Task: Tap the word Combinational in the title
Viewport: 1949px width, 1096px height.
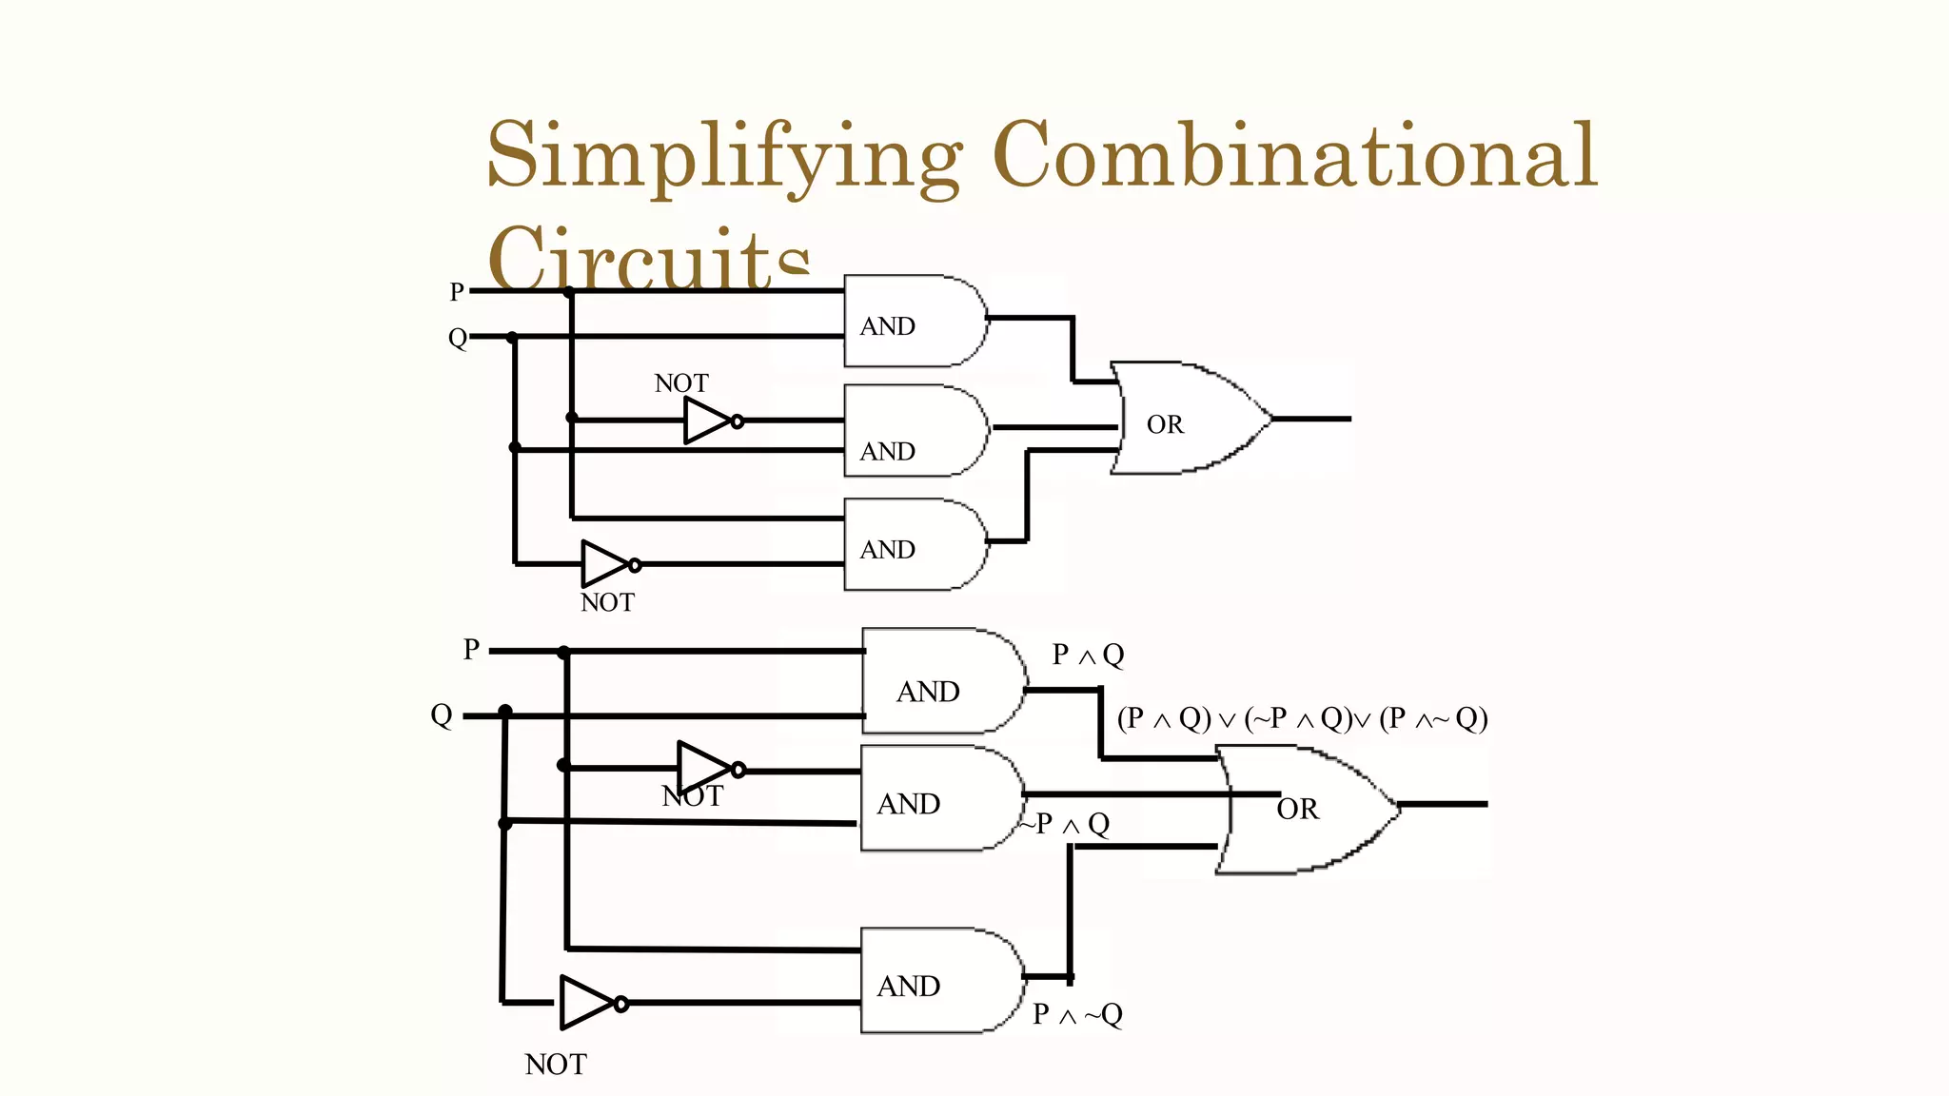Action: (x=1294, y=155)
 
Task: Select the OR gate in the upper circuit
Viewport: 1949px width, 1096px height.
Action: (x=1190, y=419)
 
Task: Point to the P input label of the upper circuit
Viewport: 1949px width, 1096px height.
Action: (x=457, y=292)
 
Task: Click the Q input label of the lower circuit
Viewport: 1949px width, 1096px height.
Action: (x=441, y=715)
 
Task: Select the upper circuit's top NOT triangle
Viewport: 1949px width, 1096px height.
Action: (x=707, y=421)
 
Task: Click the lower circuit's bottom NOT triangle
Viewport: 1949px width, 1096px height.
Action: (x=587, y=1003)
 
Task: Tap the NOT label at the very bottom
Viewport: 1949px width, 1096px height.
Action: (x=556, y=1065)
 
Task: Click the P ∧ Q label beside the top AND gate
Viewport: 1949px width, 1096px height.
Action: (x=1088, y=655)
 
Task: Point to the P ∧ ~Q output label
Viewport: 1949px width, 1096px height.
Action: (x=1077, y=1015)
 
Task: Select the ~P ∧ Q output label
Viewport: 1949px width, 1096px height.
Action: (x=1066, y=824)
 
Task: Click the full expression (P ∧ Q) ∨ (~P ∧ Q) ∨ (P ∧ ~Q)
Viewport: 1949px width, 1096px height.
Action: (x=1302, y=718)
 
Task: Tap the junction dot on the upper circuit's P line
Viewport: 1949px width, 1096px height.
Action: (x=569, y=292)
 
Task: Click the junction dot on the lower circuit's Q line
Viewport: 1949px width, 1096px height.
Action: (x=505, y=712)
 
